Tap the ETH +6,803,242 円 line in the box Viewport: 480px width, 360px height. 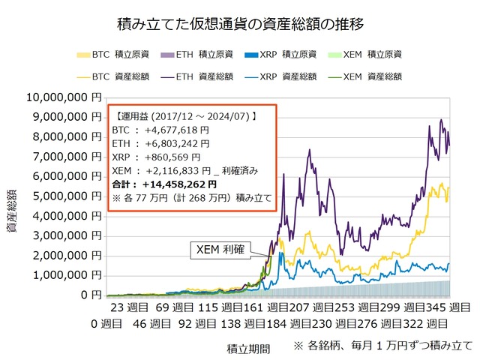[161, 143]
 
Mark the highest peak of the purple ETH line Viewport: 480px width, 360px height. [442, 120]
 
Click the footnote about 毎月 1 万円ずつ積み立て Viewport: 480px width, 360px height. [382, 346]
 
